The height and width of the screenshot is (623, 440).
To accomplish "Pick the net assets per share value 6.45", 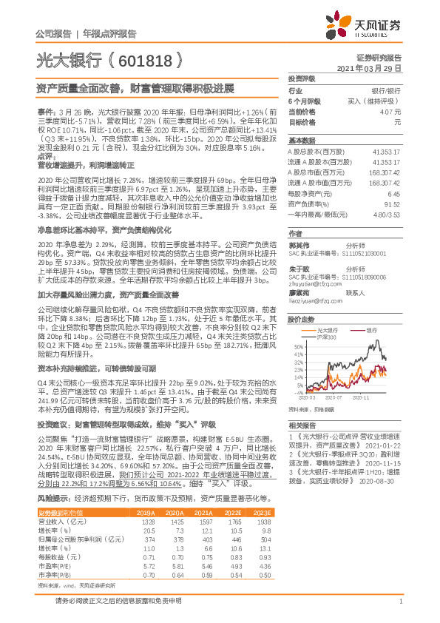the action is pos(393,192).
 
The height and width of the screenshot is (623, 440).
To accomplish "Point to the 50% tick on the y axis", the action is pos(298,346).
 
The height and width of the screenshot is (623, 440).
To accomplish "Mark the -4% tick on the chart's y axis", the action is pos(298,392).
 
